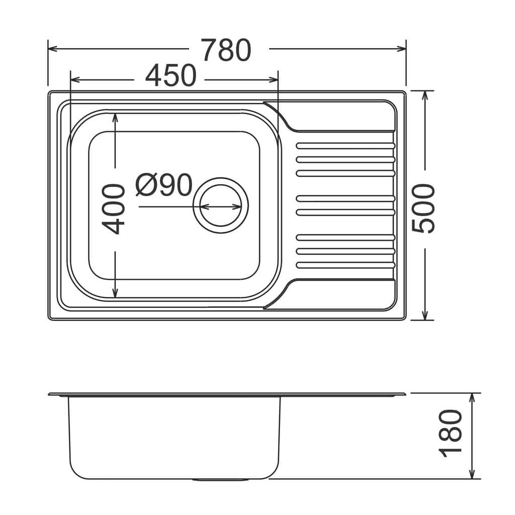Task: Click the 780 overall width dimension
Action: [x=227, y=50]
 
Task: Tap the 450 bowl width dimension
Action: [x=171, y=75]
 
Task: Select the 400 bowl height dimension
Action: [x=113, y=209]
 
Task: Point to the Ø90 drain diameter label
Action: [x=164, y=185]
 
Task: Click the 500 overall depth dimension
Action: [x=423, y=208]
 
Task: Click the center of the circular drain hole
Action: [x=221, y=205]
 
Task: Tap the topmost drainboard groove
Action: [x=346, y=146]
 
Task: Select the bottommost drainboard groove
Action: [x=346, y=265]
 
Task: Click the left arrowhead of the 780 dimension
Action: [x=52, y=49]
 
